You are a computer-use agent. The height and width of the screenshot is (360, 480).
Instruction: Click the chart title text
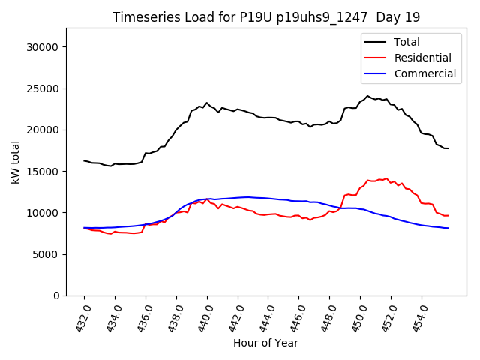[x=266, y=17]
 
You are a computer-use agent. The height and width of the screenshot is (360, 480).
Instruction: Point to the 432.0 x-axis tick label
[x=82, y=316]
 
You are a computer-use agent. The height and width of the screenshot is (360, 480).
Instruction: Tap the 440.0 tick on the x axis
[x=205, y=316]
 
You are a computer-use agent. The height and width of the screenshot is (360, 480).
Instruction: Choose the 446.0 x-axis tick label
[x=297, y=316]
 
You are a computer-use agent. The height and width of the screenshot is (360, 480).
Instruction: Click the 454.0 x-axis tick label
[x=419, y=316]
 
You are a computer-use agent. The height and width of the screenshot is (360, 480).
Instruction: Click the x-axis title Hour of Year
[x=265, y=343]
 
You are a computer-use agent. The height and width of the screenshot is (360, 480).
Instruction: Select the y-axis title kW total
[x=15, y=162]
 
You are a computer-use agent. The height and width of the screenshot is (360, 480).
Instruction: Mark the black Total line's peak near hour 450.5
[x=367, y=96]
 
